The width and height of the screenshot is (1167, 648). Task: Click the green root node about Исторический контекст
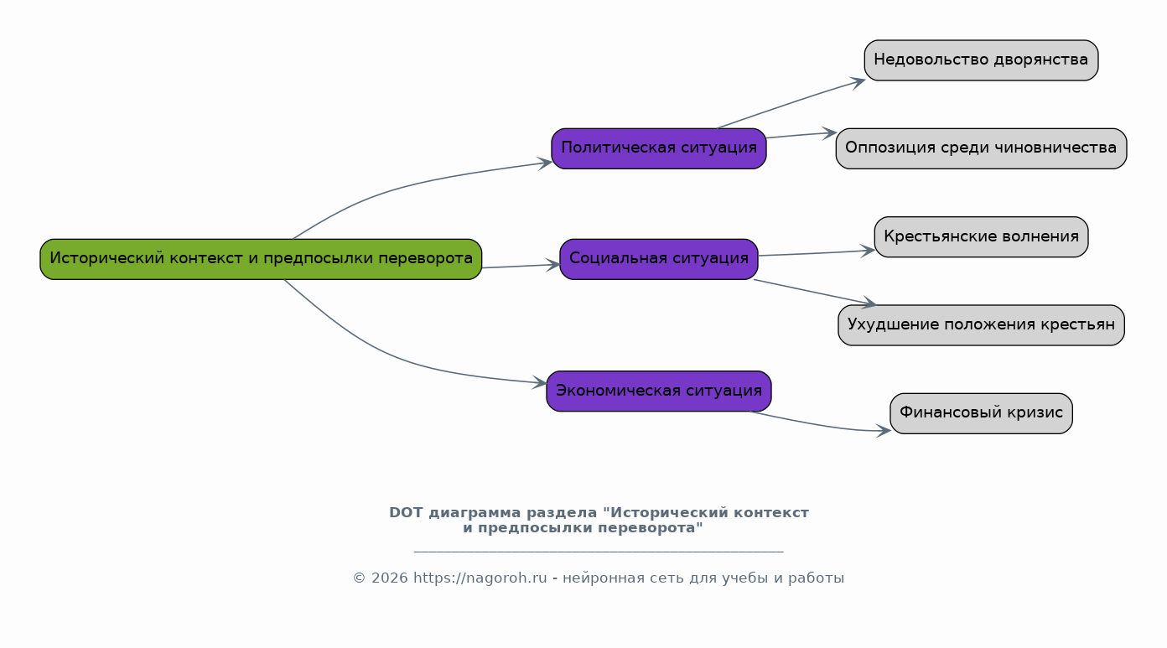click(261, 259)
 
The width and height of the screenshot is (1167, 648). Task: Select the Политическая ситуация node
click(658, 148)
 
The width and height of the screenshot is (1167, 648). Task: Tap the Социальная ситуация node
click(658, 259)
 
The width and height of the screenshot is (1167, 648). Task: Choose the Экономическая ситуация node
click(658, 391)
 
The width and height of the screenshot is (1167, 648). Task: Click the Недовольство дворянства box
click(981, 60)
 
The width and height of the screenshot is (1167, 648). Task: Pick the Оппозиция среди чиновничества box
click(981, 148)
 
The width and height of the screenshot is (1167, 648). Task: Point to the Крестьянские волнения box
click(981, 237)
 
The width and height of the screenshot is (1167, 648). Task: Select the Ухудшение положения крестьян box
click(981, 325)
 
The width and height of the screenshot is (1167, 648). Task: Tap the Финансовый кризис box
click(981, 413)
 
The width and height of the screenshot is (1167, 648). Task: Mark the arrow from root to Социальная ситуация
click(520, 266)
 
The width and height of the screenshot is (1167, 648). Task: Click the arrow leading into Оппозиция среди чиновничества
click(801, 135)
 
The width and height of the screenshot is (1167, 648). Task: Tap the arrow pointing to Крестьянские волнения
click(817, 253)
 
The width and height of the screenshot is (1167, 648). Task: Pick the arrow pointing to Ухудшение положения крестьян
click(813, 292)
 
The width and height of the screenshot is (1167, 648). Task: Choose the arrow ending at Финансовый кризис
click(822, 425)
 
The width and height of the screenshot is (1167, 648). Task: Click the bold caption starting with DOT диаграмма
click(599, 520)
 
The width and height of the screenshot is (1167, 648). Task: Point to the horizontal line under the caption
click(599, 552)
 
